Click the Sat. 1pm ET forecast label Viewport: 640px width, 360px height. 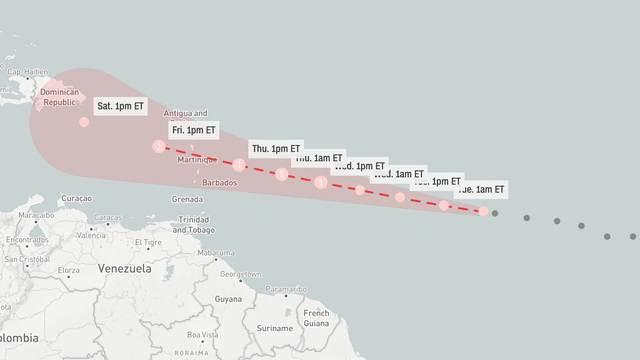click(x=120, y=106)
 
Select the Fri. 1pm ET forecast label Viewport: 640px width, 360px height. click(x=194, y=130)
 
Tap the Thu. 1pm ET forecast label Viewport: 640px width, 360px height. click(x=276, y=149)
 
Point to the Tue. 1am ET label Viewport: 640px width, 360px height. click(x=481, y=190)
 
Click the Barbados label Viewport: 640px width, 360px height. click(x=219, y=183)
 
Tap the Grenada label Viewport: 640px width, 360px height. click(x=187, y=199)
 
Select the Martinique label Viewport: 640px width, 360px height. click(x=197, y=160)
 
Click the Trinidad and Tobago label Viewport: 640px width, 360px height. click(x=194, y=225)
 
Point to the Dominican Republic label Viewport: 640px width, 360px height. click(x=60, y=97)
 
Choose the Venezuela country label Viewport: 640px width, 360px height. click(x=125, y=269)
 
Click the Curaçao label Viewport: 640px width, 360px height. click(x=77, y=198)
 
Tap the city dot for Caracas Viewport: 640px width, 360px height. click(x=108, y=224)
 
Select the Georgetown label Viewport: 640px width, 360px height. click(x=241, y=274)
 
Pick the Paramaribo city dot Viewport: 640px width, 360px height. click(x=286, y=296)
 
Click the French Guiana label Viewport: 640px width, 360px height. click(x=316, y=318)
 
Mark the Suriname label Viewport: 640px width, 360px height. click(x=275, y=328)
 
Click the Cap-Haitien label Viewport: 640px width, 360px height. click(x=28, y=72)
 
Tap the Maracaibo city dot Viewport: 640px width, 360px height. click(x=36, y=222)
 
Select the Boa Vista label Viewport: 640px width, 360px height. click(x=203, y=335)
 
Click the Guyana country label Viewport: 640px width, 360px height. click(x=228, y=299)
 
